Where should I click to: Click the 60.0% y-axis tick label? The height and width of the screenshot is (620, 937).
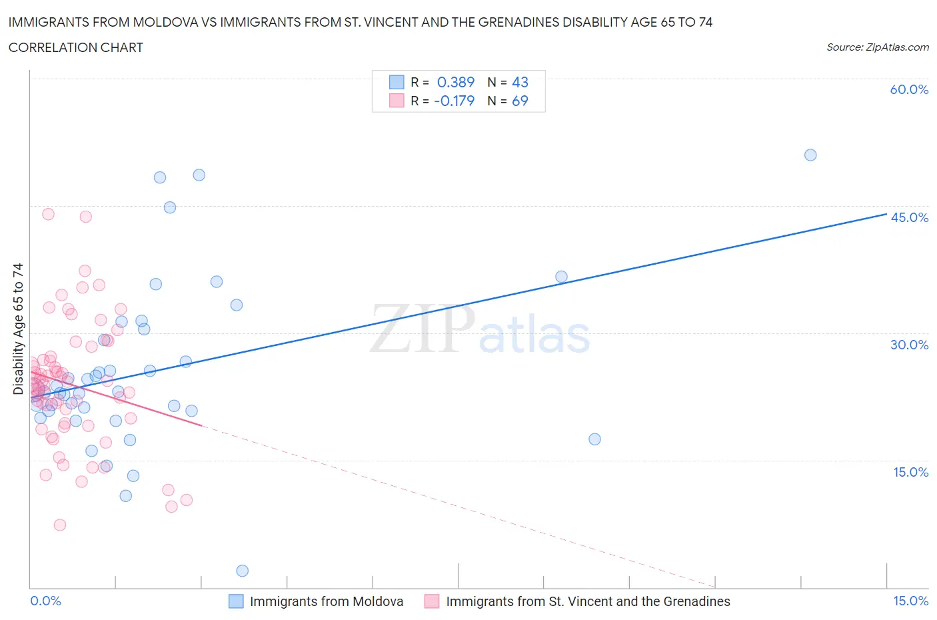tap(909, 89)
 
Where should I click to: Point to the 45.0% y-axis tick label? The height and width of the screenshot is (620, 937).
tap(909, 217)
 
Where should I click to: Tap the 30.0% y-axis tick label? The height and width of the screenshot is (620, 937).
tap(909, 345)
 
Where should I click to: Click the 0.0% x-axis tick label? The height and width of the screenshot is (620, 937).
tap(45, 601)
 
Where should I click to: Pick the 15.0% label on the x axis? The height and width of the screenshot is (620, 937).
tap(910, 601)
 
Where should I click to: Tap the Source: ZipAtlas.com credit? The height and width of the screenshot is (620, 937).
tap(877, 47)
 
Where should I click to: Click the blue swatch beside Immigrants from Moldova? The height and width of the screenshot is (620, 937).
tap(236, 601)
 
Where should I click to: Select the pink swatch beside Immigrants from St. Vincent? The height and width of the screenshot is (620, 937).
tap(432, 601)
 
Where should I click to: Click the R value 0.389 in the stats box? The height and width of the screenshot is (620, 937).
tap(456, 82)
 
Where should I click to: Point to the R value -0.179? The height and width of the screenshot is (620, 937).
tap(454, 101)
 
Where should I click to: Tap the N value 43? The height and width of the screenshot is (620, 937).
tap(520, 82)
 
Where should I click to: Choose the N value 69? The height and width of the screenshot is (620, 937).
tap(520, 101)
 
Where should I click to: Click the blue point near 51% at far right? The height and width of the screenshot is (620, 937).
tap(810, 155)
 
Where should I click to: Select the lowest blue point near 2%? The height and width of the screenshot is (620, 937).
tap(243, 571)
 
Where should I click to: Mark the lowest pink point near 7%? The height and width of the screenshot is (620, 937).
tap(60, 525)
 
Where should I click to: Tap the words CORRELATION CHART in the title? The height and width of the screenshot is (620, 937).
tap(76, 47)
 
